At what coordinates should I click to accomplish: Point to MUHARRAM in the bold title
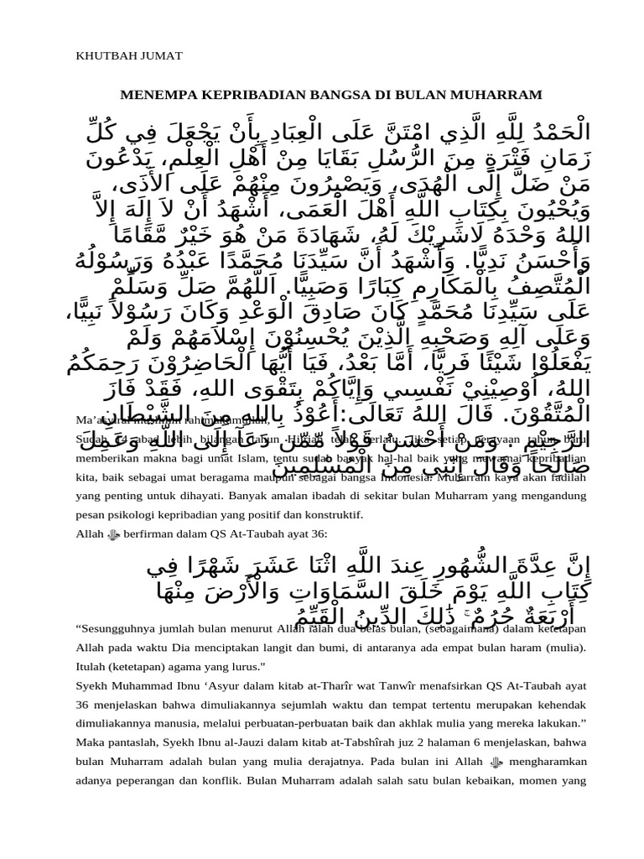[499, 95]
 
